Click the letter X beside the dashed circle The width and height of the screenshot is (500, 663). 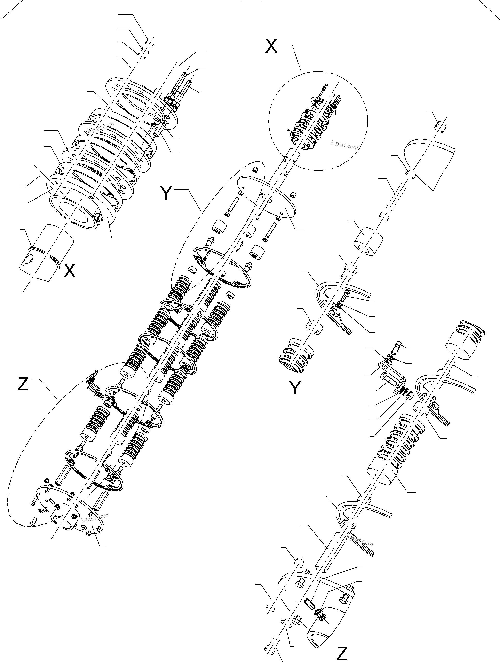click(271, 46)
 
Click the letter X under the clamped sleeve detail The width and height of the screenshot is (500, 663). click(70, 271)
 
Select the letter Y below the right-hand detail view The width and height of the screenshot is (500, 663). click(295, 388)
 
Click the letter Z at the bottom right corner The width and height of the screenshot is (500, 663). click(342, 653)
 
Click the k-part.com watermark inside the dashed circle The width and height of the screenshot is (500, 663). click(344, 146)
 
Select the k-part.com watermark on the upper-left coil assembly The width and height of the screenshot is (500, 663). click(101, 128)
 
